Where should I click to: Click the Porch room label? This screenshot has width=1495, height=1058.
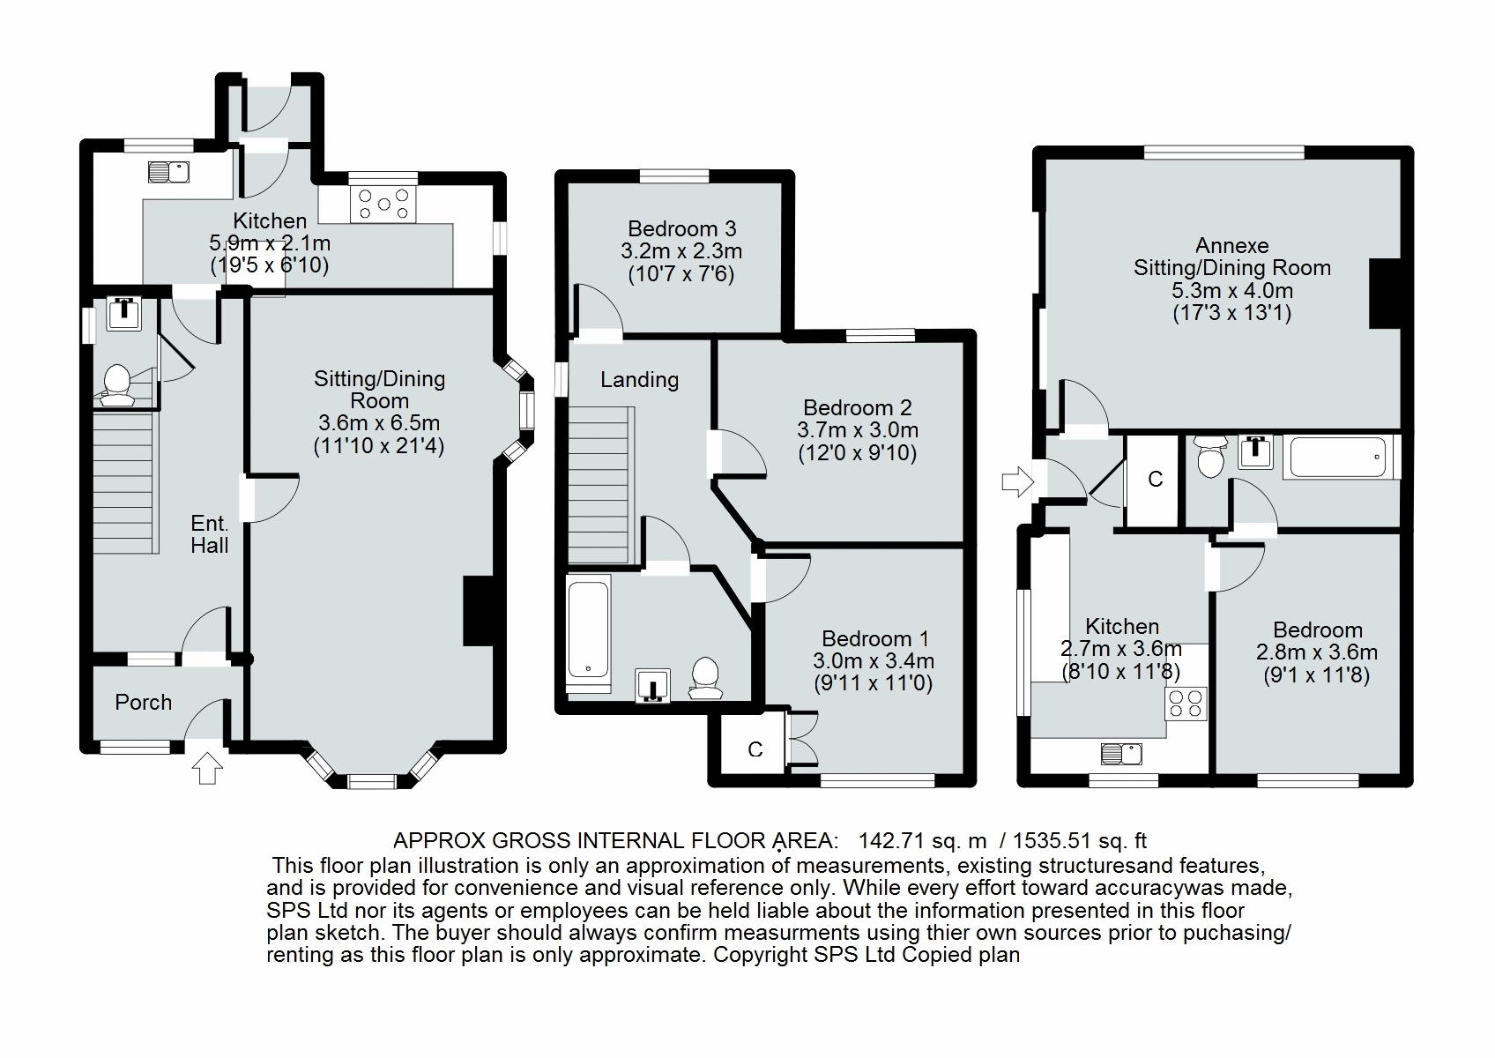click(x=143, y=703)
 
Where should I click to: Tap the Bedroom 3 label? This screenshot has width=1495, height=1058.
click(x=681, y=229)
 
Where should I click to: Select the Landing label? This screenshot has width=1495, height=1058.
click(x=639, y=380)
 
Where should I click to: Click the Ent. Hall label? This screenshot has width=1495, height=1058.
click(x=210, y=534)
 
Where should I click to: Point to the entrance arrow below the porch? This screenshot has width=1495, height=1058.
click(x=207, y=768)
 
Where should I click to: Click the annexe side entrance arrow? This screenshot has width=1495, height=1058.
click(x=1016, y=482)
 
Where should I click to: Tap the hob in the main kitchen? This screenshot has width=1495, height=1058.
click(x=383, y=203)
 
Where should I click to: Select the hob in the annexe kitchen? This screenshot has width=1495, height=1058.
click(x=1185, y=704)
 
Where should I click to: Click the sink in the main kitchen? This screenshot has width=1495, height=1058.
click(x=168, y=170)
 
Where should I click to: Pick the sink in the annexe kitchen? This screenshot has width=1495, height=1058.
click(x=1121, y=754)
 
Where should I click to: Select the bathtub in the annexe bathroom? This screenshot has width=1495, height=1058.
click(x=1340, y=456)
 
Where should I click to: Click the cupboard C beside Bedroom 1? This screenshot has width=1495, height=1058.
click(x=755, y=749)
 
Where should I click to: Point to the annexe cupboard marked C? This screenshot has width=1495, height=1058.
click(x=1155, y=480)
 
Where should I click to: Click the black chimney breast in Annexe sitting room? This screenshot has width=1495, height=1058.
click(x=1384, y=294)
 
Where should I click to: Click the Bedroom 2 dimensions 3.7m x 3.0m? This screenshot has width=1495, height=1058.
click(x=858, y=431)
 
